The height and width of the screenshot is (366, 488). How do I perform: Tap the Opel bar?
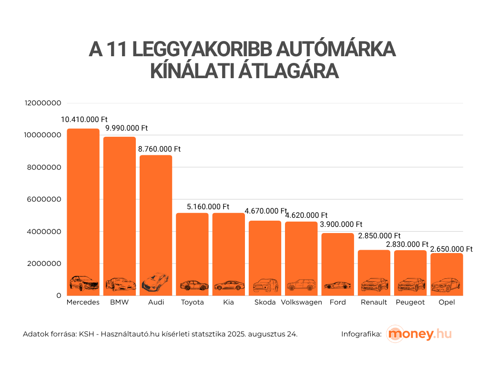point(447,272)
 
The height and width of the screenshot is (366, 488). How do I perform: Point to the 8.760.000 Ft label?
point(160,149)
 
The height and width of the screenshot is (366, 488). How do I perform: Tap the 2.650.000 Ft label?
point(451,249)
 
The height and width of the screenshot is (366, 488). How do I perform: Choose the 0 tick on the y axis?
point(59,296)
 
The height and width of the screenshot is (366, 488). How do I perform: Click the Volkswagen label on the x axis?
point(301,303)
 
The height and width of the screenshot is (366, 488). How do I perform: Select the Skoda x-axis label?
point(265,303)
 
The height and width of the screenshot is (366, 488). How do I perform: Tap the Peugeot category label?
point(410,303)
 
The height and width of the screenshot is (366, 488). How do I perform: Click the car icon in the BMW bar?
point(120,284)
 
